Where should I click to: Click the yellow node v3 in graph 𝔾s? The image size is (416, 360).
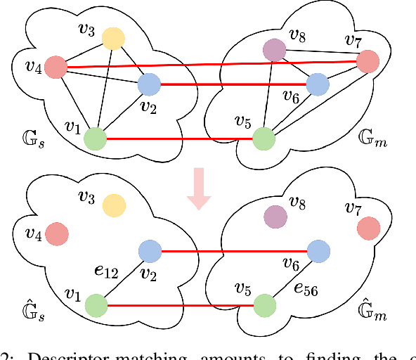[x=112, y=39]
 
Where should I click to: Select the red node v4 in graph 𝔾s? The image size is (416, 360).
[x=56, y=68]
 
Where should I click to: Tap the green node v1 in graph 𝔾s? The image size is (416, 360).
[x=95, y=139]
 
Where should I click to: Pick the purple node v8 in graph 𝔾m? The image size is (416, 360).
[x=274, y=50]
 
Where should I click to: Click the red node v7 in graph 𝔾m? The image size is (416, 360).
[x=367, y=62]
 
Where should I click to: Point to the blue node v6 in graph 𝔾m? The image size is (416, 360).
[x=318, y=85]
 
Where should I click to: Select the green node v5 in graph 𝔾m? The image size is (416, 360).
[x=264, y=139]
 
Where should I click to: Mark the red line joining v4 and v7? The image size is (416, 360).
[x=211, y=65]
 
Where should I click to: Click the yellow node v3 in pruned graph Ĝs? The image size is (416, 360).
[x=113, y=205]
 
